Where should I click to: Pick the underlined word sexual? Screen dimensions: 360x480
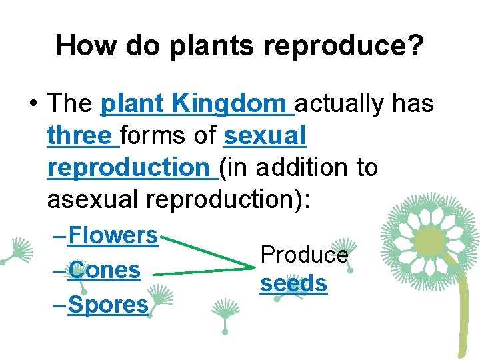[265, 136]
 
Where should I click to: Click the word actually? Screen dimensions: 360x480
[340, 104]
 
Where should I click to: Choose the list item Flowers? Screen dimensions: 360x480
[112, 235]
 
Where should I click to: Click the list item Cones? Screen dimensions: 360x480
[104, 270]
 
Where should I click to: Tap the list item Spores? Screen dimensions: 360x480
[108, 305]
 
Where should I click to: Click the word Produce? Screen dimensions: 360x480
[304, 255]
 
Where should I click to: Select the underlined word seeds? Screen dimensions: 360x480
[293, 284]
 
